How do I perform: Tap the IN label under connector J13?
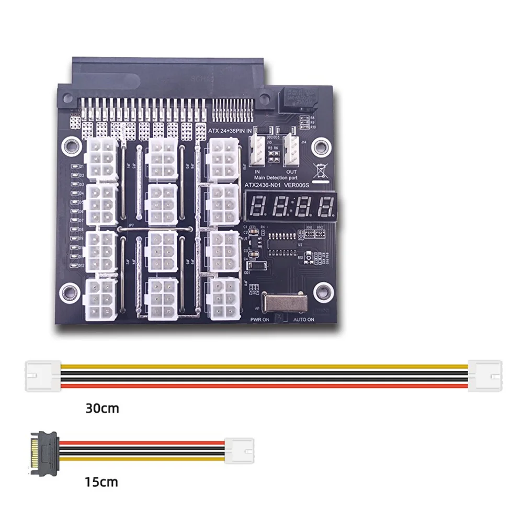pyautogui.click(x=257, y=172)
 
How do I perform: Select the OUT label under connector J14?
pyautogui.click(x=292, y=172)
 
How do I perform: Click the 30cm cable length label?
pyautogui.click(x=103, y=408)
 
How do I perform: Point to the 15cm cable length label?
pyautogui.click(x=102, y=481)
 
